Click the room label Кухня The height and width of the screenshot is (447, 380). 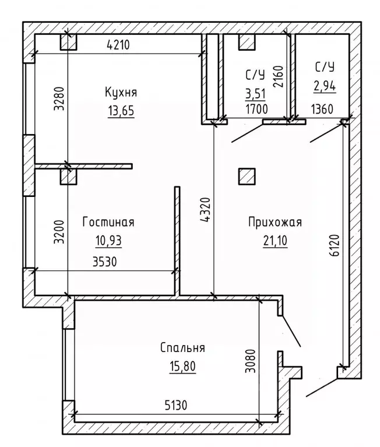click(x=121, y=93)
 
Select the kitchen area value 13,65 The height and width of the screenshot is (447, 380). click(x=121, y=111)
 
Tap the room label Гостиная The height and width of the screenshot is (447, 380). click(x=108, y=223)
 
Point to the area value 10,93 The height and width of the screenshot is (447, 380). click(x=108, y=240)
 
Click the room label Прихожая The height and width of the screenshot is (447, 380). click(x=275, y=221)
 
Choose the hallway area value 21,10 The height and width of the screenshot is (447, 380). click(x=275, y=240)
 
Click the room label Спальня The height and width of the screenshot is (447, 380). click(x=183, y=348)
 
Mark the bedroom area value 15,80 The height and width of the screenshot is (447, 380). click(x=183, y=367)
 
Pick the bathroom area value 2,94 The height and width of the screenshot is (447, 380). click(x=324, y=86)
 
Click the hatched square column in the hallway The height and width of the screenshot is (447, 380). click(x=247, y=176)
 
